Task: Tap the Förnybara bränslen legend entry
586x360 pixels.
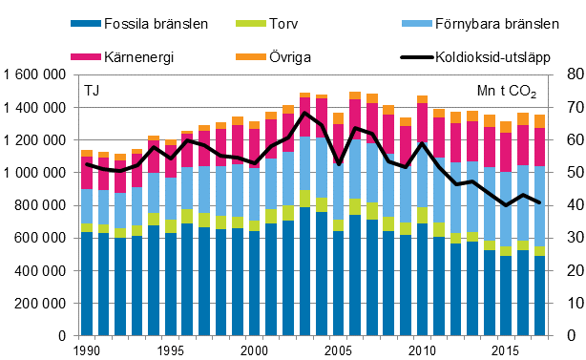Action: [491, 24]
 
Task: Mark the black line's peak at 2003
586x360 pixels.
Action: [305, 114]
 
